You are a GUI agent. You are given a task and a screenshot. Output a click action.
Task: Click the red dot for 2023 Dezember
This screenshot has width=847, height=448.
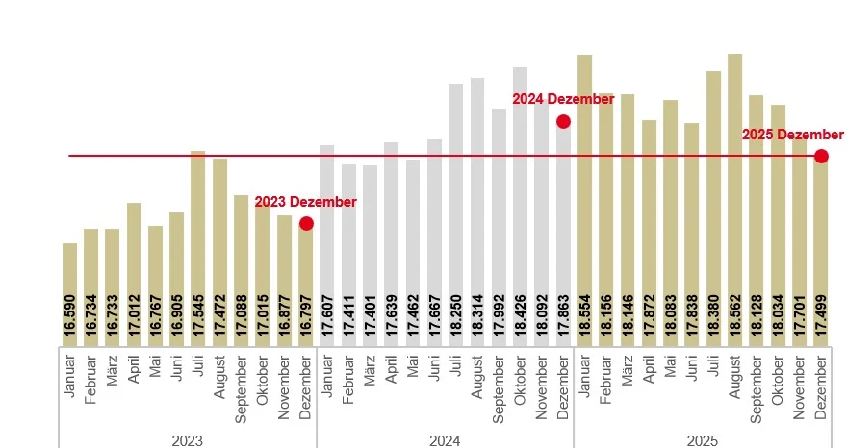(306, 224)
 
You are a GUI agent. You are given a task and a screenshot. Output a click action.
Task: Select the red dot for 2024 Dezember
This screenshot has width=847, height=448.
(563, 121)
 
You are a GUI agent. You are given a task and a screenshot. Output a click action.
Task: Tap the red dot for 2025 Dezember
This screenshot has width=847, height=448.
(821, 156)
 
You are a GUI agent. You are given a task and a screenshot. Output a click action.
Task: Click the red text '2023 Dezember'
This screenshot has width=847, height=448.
(305, 202)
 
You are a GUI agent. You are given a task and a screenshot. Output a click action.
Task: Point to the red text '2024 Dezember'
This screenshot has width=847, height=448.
(562, 99)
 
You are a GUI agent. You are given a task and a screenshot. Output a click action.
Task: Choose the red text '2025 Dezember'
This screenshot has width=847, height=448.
(792, 135)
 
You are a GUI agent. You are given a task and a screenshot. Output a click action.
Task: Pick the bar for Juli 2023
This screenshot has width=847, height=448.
(198, 221)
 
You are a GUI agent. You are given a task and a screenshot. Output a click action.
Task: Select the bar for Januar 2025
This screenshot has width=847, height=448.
(584, 173)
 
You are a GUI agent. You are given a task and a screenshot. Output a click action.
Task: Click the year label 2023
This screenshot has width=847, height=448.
(187, 440)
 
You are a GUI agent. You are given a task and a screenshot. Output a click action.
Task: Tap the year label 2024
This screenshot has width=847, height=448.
(445, 440)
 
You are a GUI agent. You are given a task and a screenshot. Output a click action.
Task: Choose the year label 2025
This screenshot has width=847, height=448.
(703, 440)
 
